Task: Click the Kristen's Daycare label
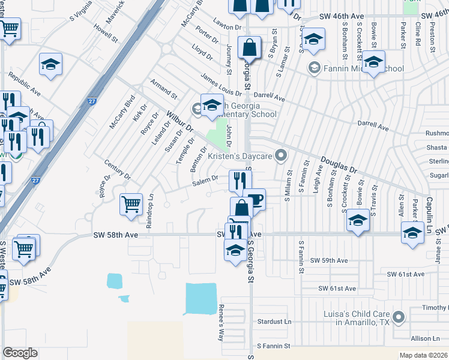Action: click(240, 156)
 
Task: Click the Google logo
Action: click(20, 353)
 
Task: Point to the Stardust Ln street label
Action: click(273, 322)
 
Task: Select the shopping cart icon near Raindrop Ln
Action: click(131, 205)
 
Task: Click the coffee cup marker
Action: click(255, 199)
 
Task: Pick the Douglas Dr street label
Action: click(339, 165)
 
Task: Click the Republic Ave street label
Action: click(24, 85)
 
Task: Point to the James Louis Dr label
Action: click(221, 84)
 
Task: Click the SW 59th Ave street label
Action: click(329, 260)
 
